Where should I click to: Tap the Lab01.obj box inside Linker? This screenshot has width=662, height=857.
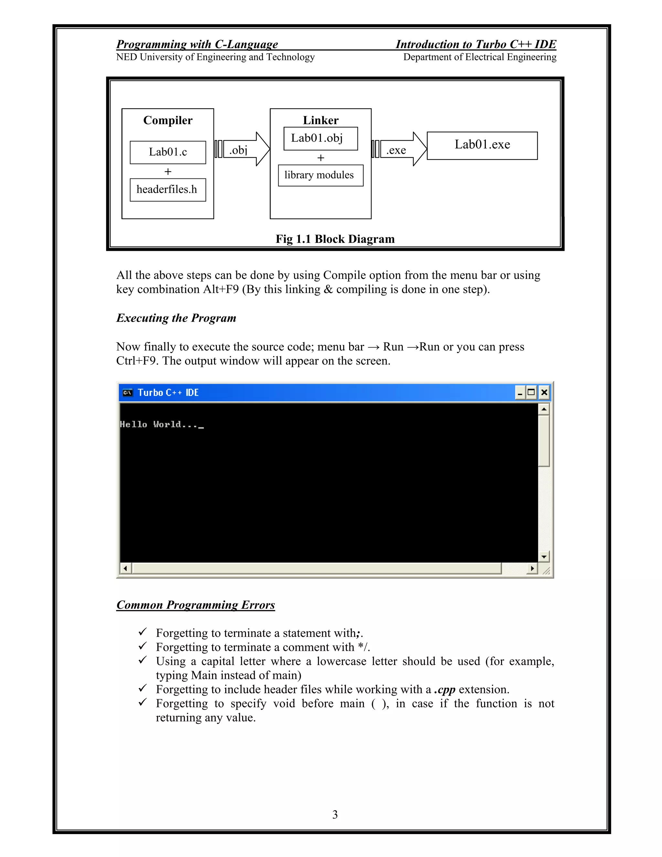[320, 138]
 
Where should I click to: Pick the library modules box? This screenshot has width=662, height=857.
[320, 176]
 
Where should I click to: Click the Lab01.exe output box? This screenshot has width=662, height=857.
[482, 145]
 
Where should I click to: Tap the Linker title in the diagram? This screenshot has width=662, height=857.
[320, 121]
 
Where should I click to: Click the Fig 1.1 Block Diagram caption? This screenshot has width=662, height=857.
[335, 239]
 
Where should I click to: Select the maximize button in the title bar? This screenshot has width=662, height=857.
[531, 392]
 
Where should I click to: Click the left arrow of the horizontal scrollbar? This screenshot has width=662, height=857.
[125, 568]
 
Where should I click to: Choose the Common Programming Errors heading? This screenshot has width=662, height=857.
[196, 605]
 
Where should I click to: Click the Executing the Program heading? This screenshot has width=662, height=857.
[176, 318]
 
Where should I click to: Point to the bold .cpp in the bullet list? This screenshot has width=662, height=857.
[444, 690]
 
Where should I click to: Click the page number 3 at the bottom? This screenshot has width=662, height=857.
[335, 815]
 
